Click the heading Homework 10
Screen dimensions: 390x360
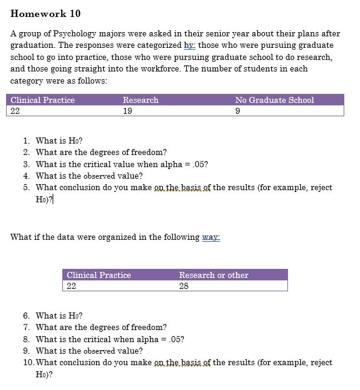(x=45, y=13)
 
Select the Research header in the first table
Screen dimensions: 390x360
(x=140, y=100)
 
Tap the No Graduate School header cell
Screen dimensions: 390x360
(x=274, y=100)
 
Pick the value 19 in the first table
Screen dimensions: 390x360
(x=127, y=111)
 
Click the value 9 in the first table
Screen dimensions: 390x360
(x=238, y=111)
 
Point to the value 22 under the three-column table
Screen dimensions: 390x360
(x=16, y=111)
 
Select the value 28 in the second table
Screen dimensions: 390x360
(x=184, y=286)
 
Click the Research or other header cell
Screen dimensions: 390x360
(x=214, y=275)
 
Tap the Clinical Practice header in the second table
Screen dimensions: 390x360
(x=99, y=275)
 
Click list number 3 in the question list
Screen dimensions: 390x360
(x=27, y=164)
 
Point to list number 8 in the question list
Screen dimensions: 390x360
(x=27, y=339)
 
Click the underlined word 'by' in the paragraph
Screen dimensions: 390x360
(x=188, y=45)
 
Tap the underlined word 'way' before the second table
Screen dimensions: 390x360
(x=211, y=237)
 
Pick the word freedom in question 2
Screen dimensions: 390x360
(x=151, y=153)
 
